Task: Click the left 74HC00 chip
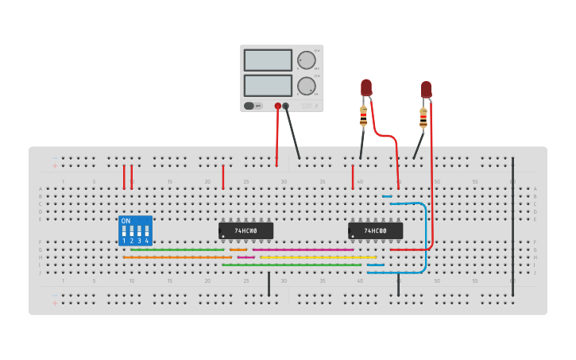click(245, 230)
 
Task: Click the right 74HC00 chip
click(375, 230)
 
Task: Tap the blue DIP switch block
click(135, 230)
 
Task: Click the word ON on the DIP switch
click(126, 221)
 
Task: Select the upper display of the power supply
click(268, 60)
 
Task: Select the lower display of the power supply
click(268, 85)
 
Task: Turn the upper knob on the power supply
click(306, 60)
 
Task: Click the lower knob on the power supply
click(306, 85)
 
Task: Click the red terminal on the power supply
click(278, 106)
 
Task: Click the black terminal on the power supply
click(286, 106)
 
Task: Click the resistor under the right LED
click(423, 118)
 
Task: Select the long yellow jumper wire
click(318, 257)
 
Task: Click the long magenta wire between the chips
click(302, 250)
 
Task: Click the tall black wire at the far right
click(512, 226)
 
